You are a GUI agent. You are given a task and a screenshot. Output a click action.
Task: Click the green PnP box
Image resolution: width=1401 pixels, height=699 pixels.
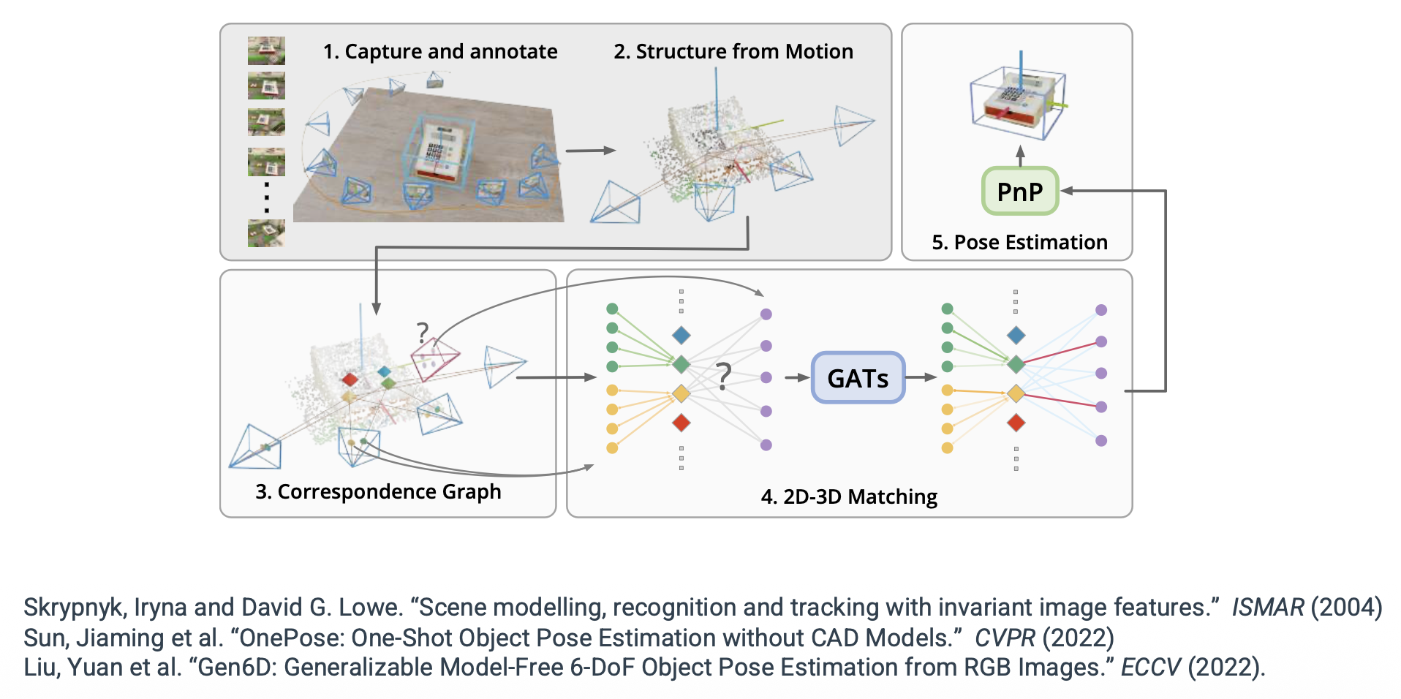1019,192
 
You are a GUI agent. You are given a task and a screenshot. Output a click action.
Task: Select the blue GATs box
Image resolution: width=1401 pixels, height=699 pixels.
858,378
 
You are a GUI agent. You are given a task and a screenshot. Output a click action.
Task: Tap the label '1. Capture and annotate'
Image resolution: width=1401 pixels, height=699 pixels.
440,52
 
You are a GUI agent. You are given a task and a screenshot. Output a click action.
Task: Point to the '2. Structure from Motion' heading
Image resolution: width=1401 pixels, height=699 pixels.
733,52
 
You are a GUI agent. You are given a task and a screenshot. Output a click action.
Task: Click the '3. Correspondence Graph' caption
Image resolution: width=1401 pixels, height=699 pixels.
378,492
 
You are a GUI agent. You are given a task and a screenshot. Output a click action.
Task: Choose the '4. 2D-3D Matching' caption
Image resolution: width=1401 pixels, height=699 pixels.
849,497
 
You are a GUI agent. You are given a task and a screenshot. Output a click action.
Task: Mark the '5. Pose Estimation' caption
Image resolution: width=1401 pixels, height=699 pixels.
1019,243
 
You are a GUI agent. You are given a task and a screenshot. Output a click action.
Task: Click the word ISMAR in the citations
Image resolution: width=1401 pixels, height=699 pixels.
1267,608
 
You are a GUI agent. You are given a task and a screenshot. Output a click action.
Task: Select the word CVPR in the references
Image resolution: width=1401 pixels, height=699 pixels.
1005,638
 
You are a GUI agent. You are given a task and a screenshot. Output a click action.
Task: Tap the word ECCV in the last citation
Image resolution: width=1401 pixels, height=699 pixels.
1150,668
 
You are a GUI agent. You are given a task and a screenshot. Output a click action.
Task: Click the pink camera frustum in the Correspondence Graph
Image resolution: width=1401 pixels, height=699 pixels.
434,359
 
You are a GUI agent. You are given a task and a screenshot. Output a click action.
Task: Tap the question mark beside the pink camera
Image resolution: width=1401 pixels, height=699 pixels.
422,333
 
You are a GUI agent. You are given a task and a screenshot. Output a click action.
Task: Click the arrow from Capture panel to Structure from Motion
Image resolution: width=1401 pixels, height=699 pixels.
590,151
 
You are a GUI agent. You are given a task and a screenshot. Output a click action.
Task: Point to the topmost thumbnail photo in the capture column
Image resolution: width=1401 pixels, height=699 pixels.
266,51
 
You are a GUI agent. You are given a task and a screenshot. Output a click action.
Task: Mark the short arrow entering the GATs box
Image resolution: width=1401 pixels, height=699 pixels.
796,378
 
